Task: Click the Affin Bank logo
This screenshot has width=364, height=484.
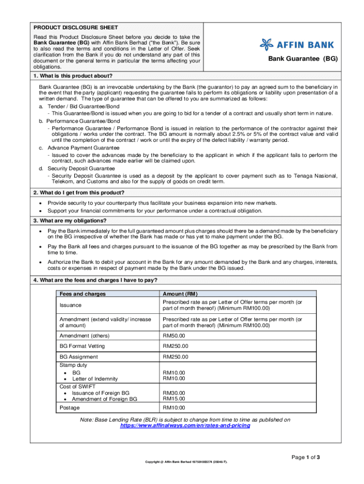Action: point(296,45)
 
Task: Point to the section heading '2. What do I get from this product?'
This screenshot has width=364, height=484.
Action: point(78,192)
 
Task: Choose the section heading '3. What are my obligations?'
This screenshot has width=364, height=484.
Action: point(69,221)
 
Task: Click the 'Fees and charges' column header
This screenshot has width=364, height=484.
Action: point(82,294)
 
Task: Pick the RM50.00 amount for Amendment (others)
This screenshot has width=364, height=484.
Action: point(174,336)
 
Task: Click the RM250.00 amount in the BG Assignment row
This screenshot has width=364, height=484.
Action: point(175,357)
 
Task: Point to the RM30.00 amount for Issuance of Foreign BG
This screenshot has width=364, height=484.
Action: point(174,393)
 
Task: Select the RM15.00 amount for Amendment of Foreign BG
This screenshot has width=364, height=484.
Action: point(174,399)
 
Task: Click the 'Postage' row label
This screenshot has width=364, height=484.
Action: point(69,407)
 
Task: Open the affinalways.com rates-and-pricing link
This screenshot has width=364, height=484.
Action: point(185,425)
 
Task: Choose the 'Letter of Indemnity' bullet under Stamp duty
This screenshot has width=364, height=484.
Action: point(95,379)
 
